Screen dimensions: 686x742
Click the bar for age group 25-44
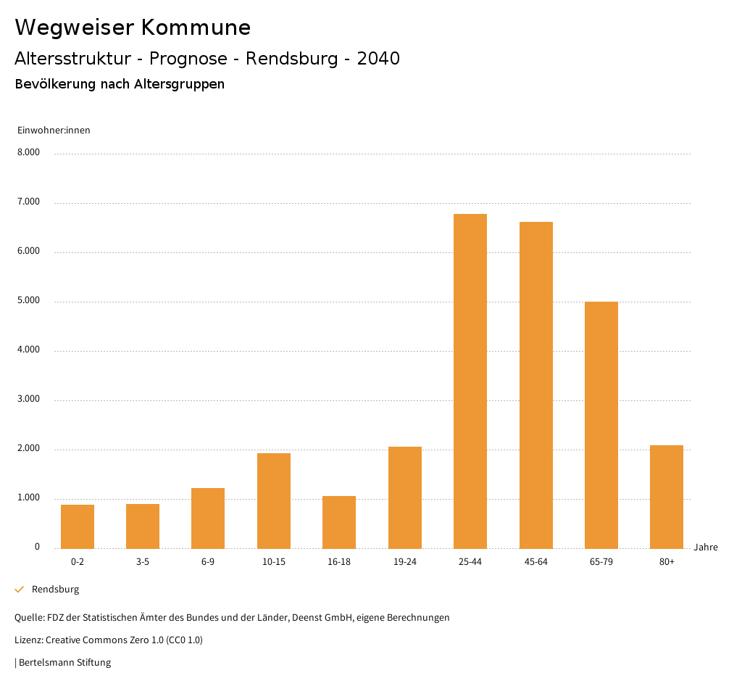click(x=470, y=381)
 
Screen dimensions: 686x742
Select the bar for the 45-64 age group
click(x=535, y=385)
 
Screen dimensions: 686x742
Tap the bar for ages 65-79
click(x=601, y=425)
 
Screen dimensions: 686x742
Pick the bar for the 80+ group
click(x=667, y=497)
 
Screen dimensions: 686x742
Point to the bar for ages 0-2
click(x=78, y=526)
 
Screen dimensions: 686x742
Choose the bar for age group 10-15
click(x=274, y=500)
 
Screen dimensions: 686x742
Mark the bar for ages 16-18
click(x=339, y=522)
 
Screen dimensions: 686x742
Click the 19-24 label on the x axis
click(x=404, y=562)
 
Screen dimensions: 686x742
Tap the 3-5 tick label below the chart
click(x=143, y=562)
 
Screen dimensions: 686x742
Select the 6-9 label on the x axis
click(x=208, y=562)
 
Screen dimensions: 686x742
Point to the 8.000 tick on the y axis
click(x=28, y=153)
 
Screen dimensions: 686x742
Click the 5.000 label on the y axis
click(x=28, y=301)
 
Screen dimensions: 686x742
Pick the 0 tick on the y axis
click(x=37, y=547)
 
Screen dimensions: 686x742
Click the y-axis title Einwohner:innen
click(x=54, y=131)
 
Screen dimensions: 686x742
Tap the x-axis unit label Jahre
click(x=706, y=547)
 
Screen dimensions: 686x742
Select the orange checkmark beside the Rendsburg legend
click(x=20, y=590)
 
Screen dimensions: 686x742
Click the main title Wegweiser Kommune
click(x=133, y=28)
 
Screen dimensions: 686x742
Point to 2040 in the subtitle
click(x=378, y=59)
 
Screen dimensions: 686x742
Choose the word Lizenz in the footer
click(x=28, y=640)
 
